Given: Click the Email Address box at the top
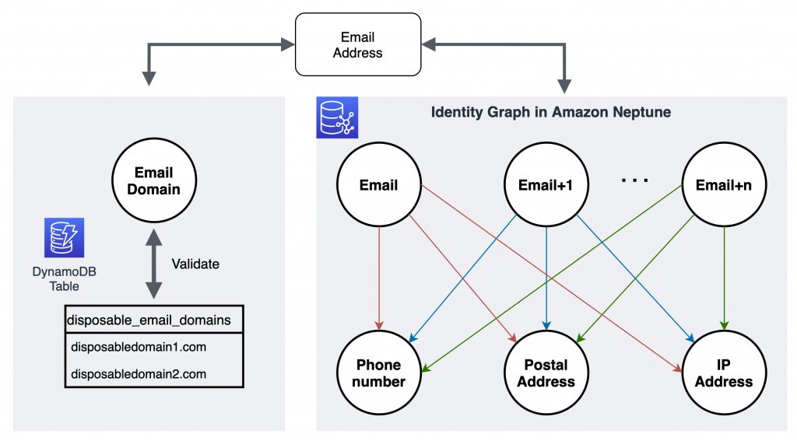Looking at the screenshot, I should pos(357,45).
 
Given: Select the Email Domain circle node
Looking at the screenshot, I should pos(153,180).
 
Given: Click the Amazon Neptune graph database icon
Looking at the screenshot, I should pos(337,117).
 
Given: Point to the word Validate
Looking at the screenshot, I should pos(195,264).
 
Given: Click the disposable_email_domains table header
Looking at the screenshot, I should pos(153,320).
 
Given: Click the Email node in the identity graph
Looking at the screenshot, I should pos(379,185).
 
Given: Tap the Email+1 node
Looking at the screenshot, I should pos(546,185).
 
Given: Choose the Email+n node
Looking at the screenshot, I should pos(724,185).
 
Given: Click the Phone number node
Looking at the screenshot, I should pos(379,373).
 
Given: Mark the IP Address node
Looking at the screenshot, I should pos(724,373).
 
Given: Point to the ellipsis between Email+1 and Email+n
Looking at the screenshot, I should pos(635,181).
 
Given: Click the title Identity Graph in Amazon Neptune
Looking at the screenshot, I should pos(551,113).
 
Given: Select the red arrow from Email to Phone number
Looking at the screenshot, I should pos(379,280).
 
